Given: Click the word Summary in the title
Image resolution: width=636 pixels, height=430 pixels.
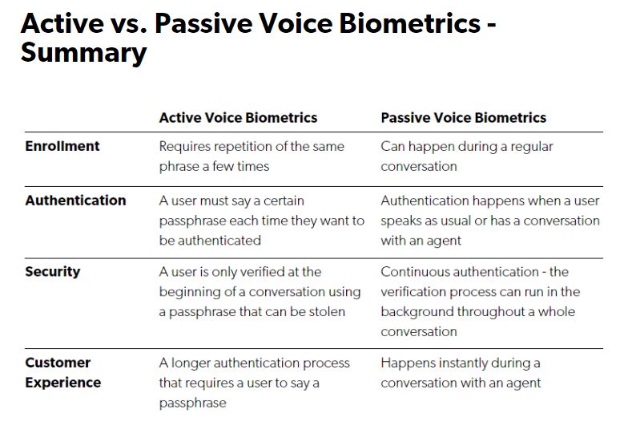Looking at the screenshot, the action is click(83, 54).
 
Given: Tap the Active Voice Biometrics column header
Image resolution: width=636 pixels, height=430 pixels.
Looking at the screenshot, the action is click(238, 118).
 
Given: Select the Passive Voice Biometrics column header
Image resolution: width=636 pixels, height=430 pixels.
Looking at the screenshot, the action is click(464, 118).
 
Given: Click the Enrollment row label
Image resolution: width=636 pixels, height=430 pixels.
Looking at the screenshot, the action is click(62, 146).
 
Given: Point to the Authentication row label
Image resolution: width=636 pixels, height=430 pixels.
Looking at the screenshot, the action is click(75, 201).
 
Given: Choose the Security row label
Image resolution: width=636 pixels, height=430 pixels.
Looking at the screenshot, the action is click(52, 272).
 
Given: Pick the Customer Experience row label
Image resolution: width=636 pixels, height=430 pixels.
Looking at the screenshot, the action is click(62, 372).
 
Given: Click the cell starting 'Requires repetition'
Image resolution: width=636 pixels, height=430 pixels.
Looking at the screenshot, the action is click(252, 156).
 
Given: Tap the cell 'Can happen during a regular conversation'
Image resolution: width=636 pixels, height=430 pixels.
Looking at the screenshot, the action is click(467, 156).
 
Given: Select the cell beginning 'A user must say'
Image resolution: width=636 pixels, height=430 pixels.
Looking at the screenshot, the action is click(262, 221).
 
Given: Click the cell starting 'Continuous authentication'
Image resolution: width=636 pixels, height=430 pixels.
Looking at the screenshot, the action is click(481, 302).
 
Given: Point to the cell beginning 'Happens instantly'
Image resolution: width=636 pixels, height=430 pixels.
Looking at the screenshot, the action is click(461, 373).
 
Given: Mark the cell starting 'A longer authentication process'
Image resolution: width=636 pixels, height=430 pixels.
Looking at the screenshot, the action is click(254, 383).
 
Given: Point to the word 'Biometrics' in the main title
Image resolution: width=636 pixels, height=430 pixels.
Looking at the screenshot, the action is click(409, 23).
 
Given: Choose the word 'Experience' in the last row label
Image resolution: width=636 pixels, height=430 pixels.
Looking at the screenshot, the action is click(62, 383).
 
